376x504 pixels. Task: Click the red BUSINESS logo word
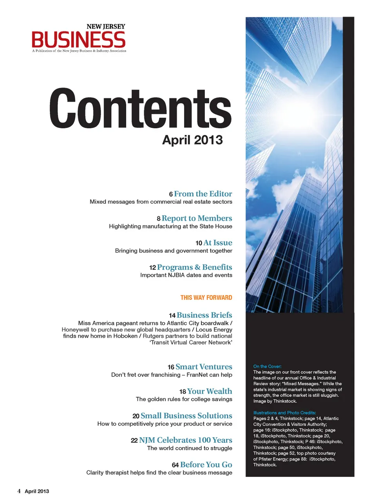[x=78, y=40]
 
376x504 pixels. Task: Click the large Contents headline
[x=140, y=109]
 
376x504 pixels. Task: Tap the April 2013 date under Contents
[x=192, y=140]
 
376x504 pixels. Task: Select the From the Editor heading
[x=203, y=194]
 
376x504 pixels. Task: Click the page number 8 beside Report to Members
[x=159, y=219]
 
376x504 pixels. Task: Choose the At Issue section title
[x=218, y=243]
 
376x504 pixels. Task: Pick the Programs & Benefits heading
[x=195, y=267]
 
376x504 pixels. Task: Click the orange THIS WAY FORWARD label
[x=206, y=298]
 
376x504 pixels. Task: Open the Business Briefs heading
[x=204, y=315]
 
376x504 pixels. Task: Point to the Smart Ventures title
[x=204, y=367]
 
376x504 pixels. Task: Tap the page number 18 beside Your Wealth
[x=183, y=392]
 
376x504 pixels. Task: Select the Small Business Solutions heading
[x=186, y=416]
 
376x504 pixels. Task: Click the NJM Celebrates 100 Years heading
[x=186, y=440]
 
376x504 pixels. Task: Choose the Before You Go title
[x=206, y=465]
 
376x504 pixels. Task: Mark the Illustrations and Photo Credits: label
[x=284, y=413]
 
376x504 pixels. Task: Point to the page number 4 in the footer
[x=19, y=491]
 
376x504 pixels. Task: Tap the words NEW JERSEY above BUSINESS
[x=106, y=26]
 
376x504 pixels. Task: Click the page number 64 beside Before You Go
[x=175, y=465]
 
